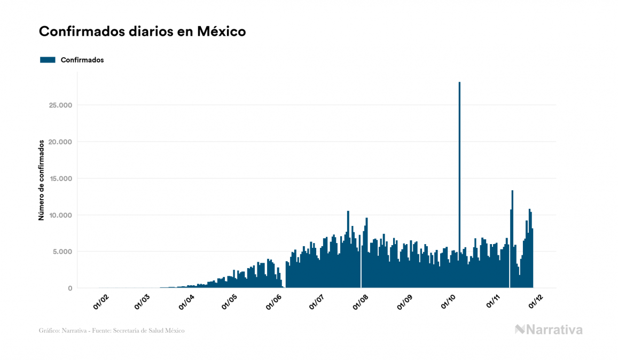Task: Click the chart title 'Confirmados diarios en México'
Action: [142, 32]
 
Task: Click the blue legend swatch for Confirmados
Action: [48, 60]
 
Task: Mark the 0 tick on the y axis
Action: [69, 288]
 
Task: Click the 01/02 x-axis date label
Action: [100, 302]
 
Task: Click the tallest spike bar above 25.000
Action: [459, 160]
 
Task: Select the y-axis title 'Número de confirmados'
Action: [41, 181]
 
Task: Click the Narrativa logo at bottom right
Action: [549, 330]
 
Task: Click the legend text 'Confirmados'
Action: [82, 60]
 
